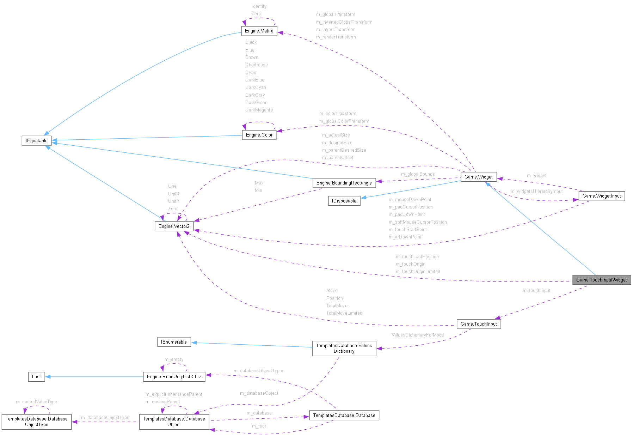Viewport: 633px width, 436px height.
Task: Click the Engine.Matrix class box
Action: pos(259,31)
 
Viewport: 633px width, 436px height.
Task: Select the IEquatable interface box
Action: pos(37,140)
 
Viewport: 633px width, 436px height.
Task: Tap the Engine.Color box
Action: pos(259,135)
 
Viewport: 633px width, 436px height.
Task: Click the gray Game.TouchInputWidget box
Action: pos(601,280)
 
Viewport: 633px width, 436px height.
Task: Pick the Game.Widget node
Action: pos(478,177)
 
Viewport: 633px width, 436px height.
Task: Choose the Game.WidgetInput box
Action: pos(601,196)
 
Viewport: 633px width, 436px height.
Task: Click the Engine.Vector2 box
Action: pos(174,226)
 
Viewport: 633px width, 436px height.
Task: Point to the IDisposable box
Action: pos(344,201)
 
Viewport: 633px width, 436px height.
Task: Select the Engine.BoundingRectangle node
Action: pos(344,183)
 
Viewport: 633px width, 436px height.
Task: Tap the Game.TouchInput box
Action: pos(479,324)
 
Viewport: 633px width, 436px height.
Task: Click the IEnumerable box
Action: pos(174,342)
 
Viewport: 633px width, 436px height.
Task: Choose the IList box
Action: pos(36,377)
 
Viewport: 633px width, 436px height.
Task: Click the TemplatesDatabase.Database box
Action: pos(344,415)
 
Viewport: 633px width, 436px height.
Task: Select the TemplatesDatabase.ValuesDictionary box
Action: pos(344,349)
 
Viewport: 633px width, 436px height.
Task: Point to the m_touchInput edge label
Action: pos(536,291)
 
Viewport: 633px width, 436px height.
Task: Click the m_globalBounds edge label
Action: pos(418,174)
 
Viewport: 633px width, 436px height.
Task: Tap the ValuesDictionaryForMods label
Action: pos(417,335)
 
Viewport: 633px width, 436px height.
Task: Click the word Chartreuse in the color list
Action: pos(256,65)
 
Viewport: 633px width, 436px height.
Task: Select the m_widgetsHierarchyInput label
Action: pos(536,192)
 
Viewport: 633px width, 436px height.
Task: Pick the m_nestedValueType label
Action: pos(36,402)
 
